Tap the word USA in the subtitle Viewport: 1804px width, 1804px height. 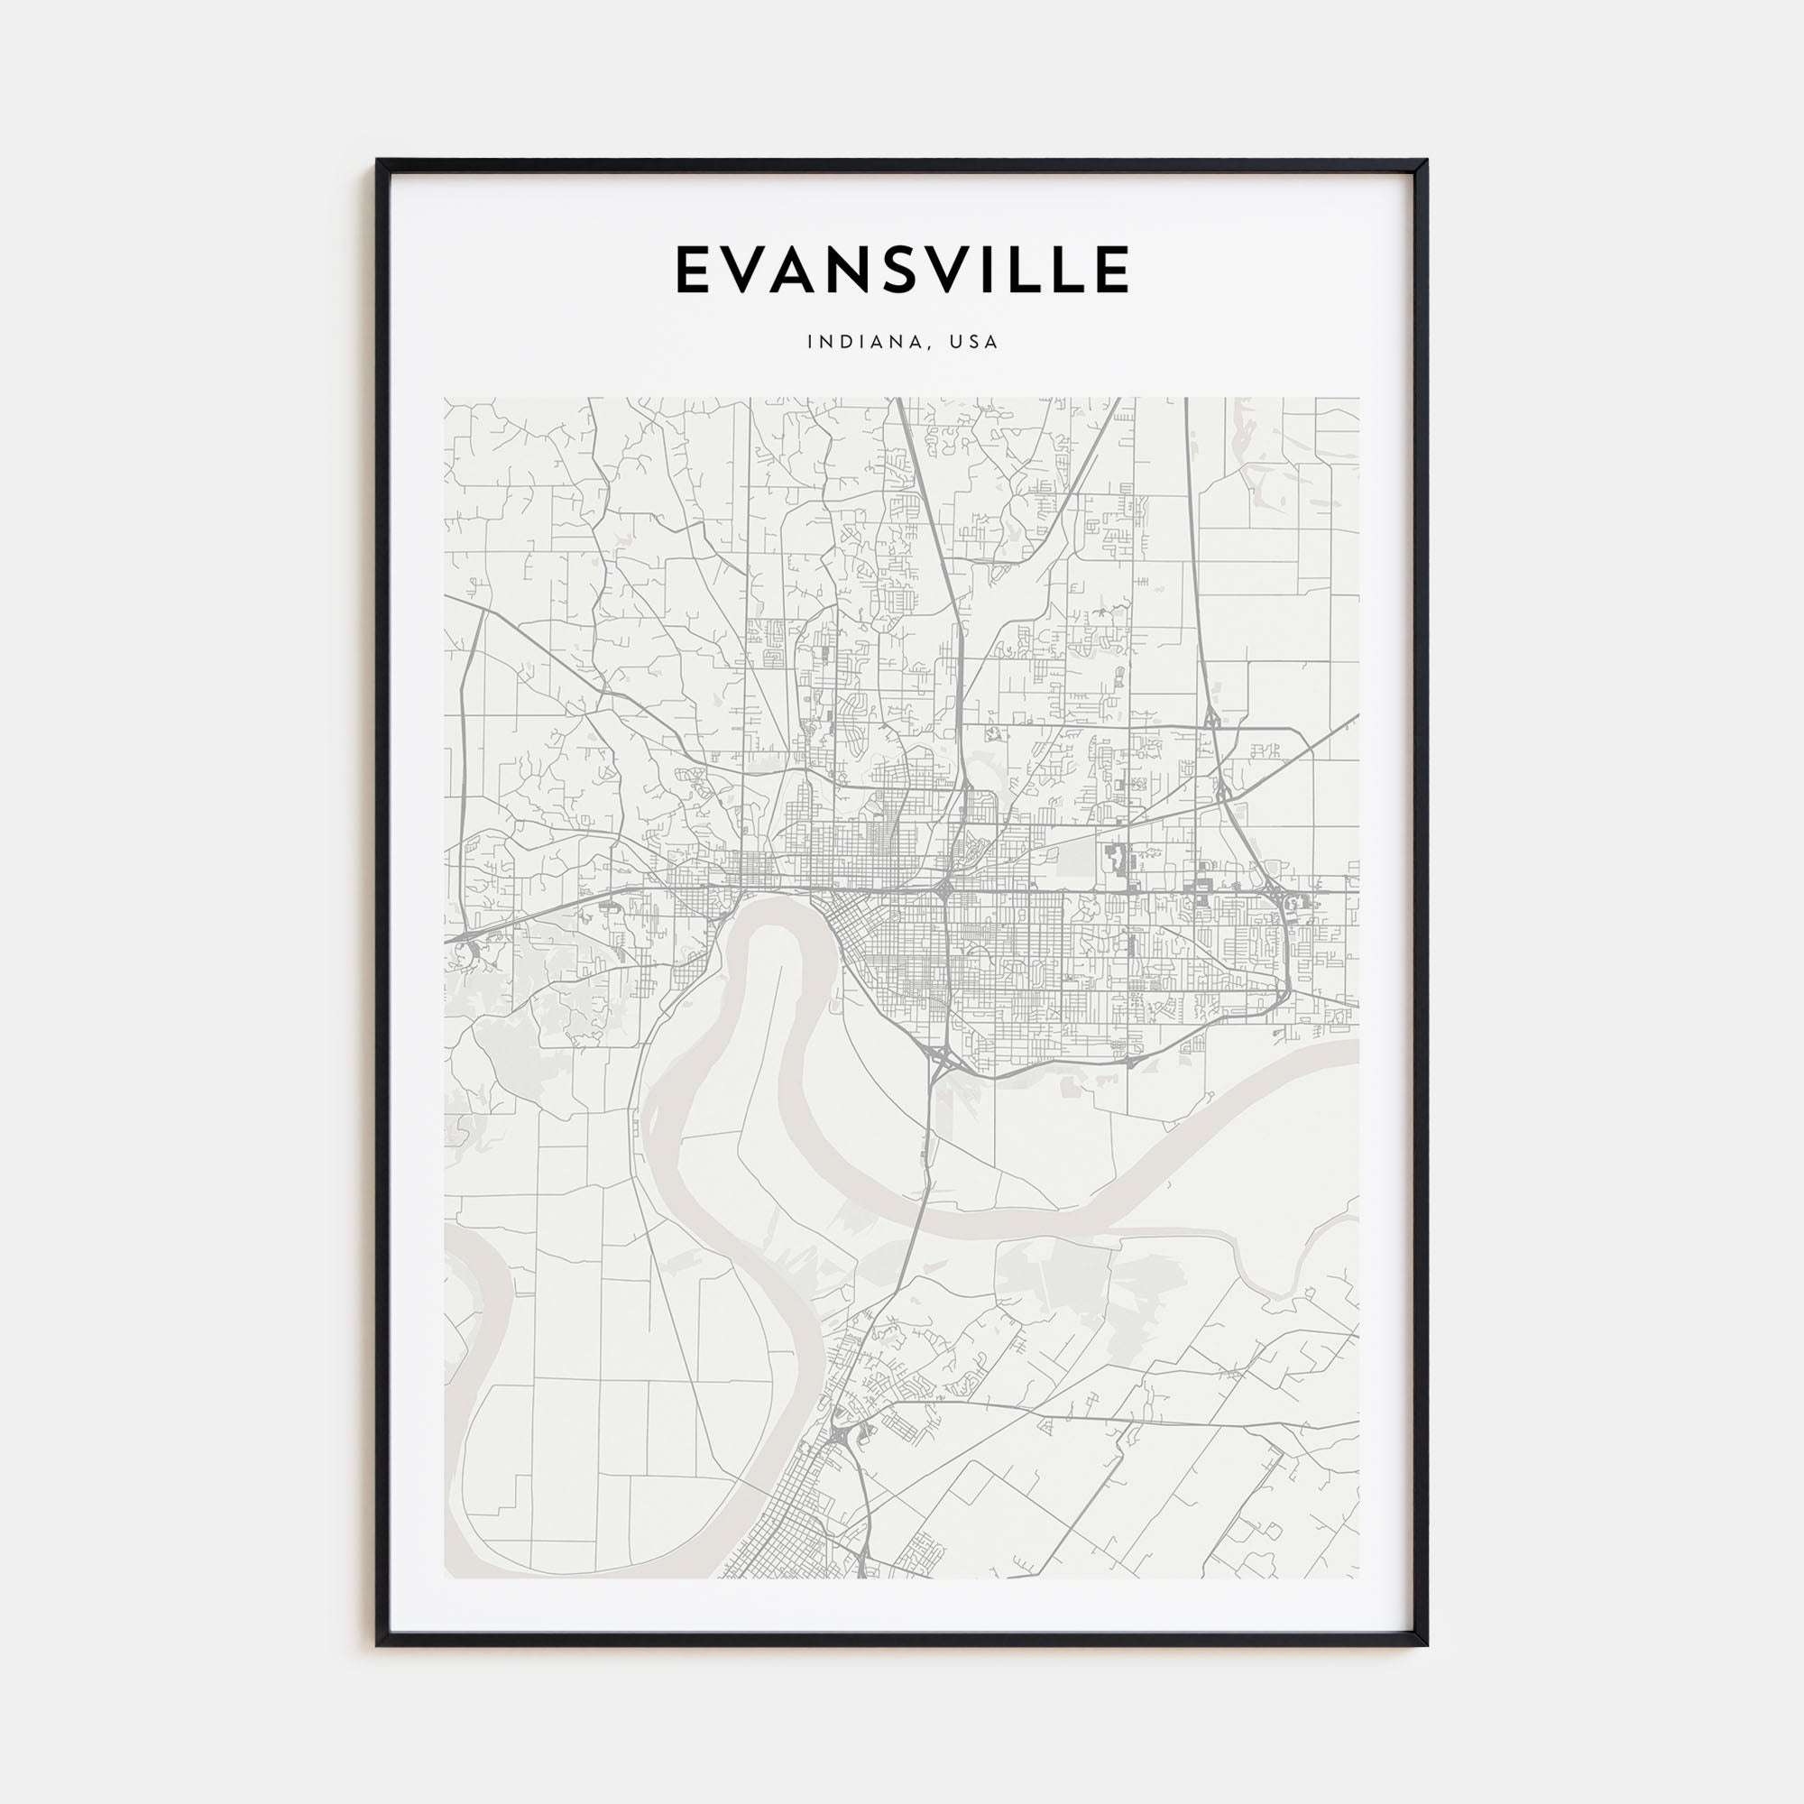click(x=974, y=343)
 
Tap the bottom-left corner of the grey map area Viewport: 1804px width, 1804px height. click(x=446, y=1577)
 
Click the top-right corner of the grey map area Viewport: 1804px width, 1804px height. click(x=1358, y=399)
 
